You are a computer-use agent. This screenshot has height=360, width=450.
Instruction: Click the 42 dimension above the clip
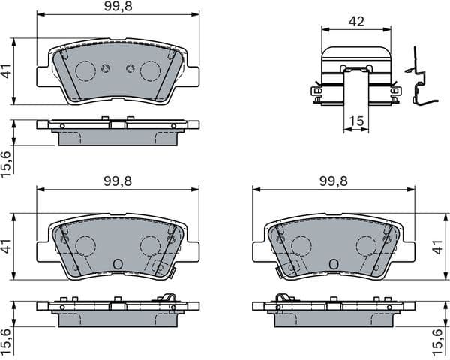coord(355,22)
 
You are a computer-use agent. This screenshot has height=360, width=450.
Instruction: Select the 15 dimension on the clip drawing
coord(356,121)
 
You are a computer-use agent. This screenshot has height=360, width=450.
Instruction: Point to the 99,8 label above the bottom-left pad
coord(118,181)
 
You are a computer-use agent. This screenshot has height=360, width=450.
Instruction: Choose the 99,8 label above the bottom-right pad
coord(334,181)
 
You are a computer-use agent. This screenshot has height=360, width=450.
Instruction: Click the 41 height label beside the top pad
coord(7,73)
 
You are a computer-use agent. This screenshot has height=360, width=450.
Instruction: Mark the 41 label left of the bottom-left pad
coord(7,246)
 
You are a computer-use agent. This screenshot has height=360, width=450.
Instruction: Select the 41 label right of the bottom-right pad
coord(443,246)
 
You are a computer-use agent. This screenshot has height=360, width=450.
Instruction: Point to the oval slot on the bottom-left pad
coord(117,264)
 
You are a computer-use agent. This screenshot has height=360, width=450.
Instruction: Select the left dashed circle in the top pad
coord(85,71)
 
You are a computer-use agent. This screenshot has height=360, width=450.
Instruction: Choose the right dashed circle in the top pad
coord(150,71)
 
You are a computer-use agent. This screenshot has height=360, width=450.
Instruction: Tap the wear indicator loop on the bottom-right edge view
coord(282,298)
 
